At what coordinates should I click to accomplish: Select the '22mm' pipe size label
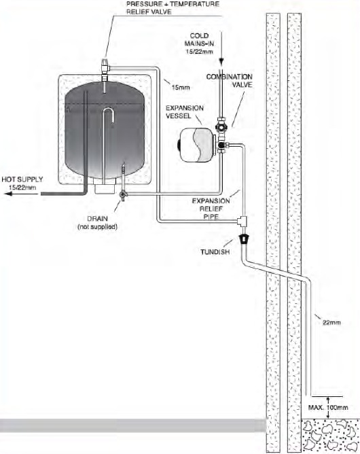pyautogui.click(x=331, y=321)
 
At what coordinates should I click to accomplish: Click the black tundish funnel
pyautogui.click(x=244, y=240)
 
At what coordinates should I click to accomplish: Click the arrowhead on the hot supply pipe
pyautogui.click(x=5, y=193)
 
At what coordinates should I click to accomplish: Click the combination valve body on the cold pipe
pyautogui.click(x=222, y=126)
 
